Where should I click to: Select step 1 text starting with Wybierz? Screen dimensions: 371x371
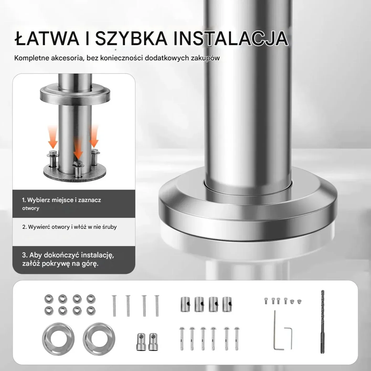(61, 204)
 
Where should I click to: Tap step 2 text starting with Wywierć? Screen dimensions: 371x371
(70, 227)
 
